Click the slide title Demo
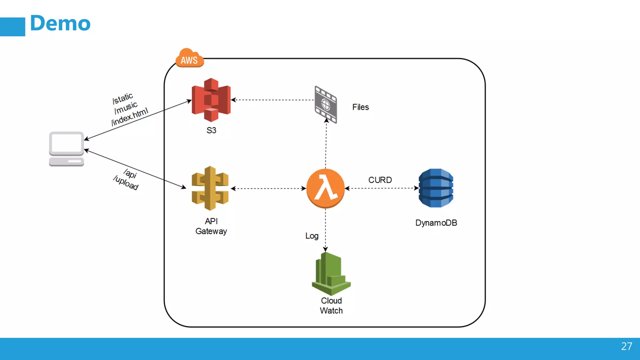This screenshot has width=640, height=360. click(60, 23)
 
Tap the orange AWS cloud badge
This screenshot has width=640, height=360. click(189, 59)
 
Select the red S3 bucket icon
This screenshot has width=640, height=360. click(211, 100)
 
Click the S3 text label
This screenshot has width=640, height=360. click(211, 130)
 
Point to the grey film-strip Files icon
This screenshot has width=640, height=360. click(326, 105)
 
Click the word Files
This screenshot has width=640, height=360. click(360, 107)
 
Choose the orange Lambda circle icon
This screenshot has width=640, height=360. click(325, 188)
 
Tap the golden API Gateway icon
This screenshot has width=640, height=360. click(210, 188)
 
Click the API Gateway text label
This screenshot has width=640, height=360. click(211, 226)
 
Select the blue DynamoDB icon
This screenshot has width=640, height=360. click(436, 188)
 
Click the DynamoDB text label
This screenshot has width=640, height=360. click(436, 223)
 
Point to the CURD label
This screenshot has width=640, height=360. click(380, 180)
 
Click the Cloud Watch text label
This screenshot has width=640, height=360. click(331, 306)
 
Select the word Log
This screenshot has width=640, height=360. click(312, 236)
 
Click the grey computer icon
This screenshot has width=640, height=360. click(66, 149)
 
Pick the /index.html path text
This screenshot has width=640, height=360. click(130, 117)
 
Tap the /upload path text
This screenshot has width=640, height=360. click(126, 183)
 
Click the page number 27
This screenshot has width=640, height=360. click(626, 346)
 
